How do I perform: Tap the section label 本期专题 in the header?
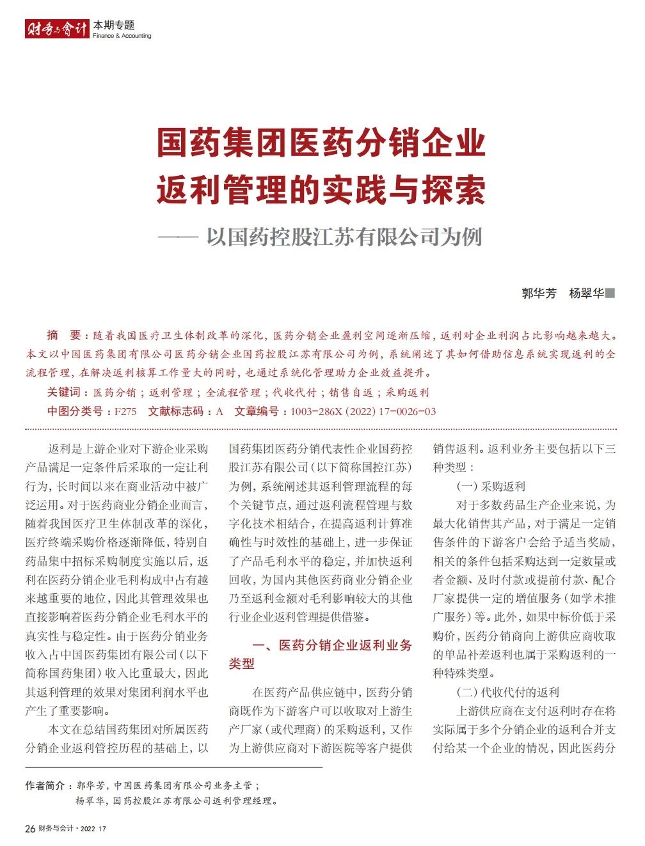(114, 25)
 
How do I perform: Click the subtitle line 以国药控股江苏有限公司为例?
(344, 237)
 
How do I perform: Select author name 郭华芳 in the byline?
(539, 294)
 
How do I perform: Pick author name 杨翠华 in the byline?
(586, 294)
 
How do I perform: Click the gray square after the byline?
(610, 294)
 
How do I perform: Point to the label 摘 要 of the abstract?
(64, 335)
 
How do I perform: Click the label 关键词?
(64, 393)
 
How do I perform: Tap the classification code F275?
(125, 412)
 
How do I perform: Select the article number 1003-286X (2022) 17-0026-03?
(363, 412)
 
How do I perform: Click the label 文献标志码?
(176, 412)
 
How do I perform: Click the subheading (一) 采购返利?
(491, 487)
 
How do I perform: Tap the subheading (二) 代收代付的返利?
(508, 693)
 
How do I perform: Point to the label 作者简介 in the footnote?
(45, 785)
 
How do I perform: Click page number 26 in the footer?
(30, 829)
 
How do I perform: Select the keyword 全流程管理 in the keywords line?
(233, 393)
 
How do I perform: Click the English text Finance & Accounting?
(122, 36)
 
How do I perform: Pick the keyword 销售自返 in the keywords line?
(351, 393)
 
